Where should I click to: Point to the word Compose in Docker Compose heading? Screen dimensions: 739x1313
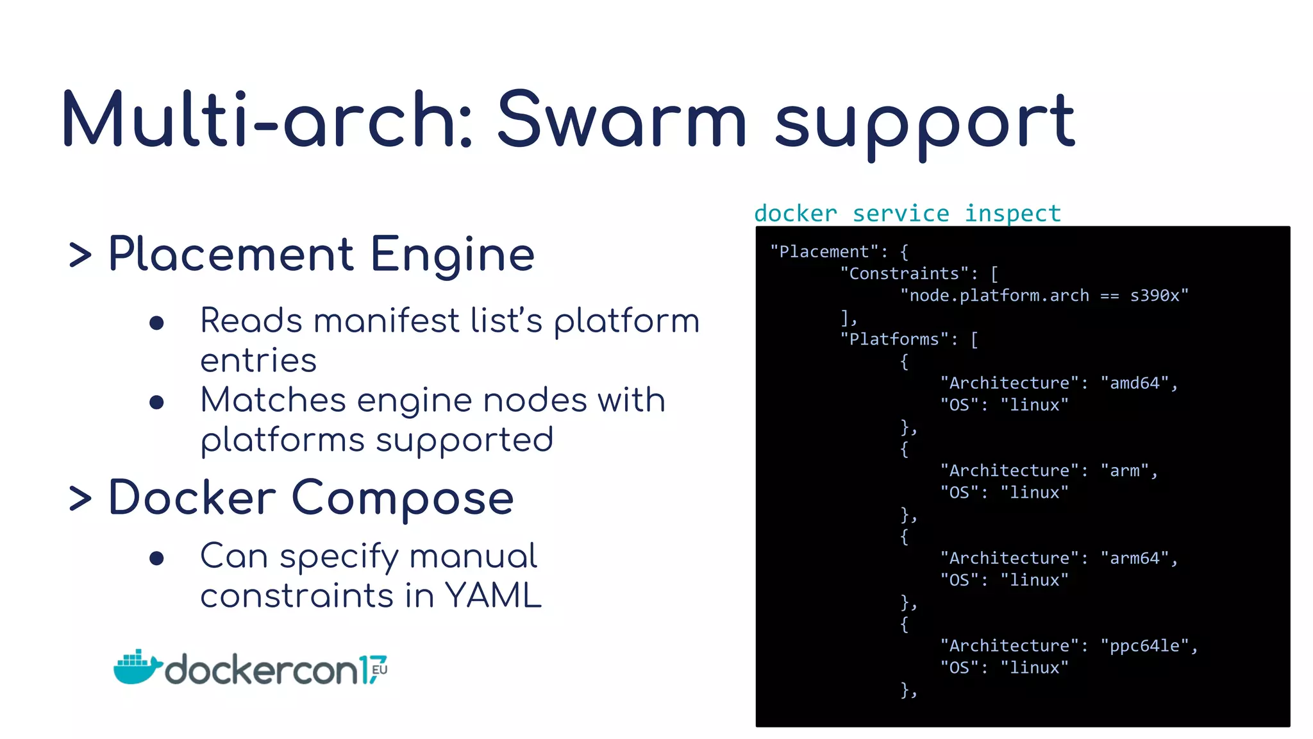pos(403,498)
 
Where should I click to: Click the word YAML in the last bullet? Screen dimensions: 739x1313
pos(493,596)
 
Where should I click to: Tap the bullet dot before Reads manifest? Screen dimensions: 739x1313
pos(156,323)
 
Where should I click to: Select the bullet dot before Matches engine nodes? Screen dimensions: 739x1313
pos(156,402)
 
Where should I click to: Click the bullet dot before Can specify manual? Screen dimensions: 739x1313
pos(156,558)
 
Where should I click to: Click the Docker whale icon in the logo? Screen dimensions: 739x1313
pos(136,668)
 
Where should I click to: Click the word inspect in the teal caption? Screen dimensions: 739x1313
pos(1012,214)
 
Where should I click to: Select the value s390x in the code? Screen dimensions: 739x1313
pos(1158,296)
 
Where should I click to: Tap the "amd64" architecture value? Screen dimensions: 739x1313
pos(1135,383)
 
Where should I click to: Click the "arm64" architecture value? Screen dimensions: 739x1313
pos(1135,558)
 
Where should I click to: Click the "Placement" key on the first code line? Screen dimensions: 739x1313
pos(824,251)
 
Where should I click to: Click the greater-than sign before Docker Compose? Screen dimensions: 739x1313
pos(80,498)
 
